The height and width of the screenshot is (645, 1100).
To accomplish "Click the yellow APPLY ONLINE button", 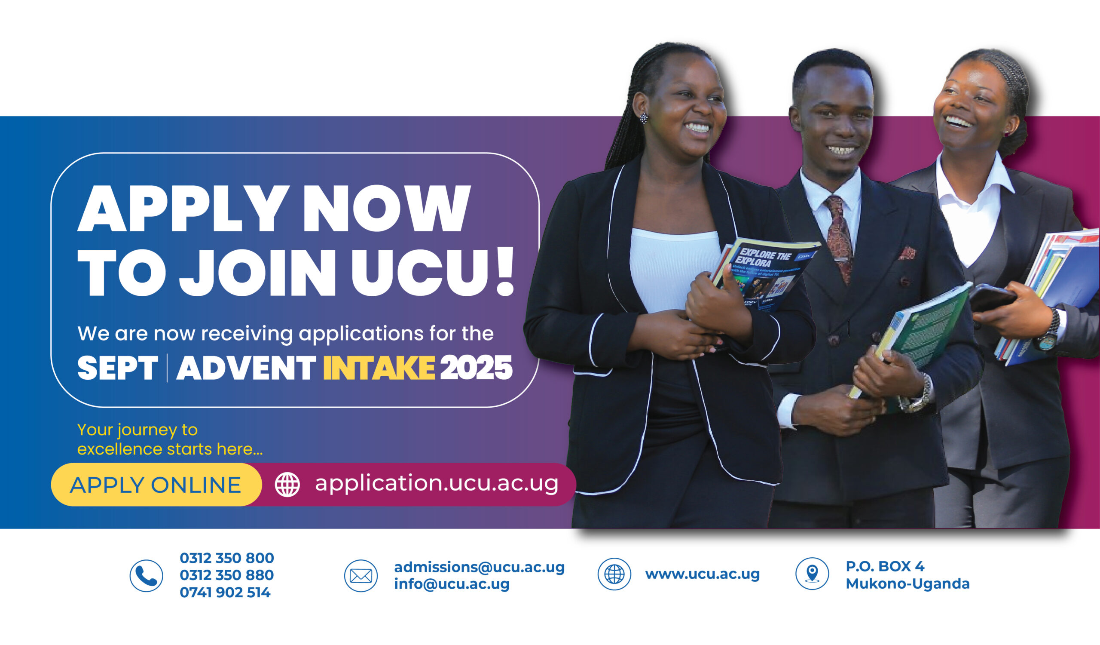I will coord(156,485).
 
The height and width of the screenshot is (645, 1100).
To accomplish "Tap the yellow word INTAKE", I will coord(379,368).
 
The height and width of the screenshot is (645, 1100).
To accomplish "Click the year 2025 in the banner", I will coord(476,368).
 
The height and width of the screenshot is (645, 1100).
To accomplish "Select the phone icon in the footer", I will coord(146,576).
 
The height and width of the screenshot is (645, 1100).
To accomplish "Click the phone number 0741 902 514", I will coord(225,593).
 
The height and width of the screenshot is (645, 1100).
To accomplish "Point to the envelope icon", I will coord(361,576).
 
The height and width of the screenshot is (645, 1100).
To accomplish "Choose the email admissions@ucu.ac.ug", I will coord(479,567).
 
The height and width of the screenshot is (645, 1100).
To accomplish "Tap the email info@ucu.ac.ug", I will coord(451,584).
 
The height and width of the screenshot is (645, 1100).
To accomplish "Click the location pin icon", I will coord(812,573).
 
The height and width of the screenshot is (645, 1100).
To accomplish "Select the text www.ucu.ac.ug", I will coord(702,574).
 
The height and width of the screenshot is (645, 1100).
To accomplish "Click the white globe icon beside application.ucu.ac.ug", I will coord(287,484).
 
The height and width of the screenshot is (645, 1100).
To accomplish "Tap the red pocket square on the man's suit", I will coord(907,253).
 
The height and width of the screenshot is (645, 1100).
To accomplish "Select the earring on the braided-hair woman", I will coord(643,118).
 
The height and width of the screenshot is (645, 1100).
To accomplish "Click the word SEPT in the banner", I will coord(117,368).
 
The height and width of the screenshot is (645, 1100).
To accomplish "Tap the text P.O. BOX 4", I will coord(885,566).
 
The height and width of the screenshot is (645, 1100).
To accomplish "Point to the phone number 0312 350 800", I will coord(226,558).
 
